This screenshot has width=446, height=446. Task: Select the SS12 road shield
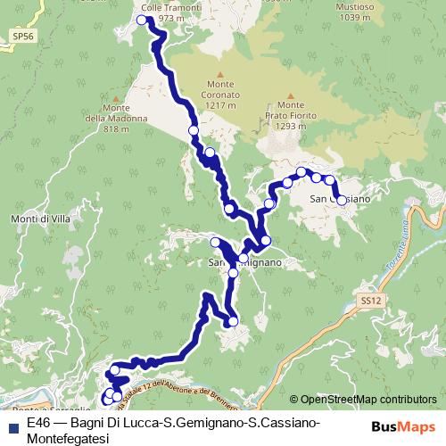[370, 303]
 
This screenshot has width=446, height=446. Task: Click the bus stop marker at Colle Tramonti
[142, 20]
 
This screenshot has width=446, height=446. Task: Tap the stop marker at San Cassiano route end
[341, 201]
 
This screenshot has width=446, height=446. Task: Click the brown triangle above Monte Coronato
[218, 74]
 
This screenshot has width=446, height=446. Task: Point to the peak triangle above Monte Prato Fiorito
[291, 91]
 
